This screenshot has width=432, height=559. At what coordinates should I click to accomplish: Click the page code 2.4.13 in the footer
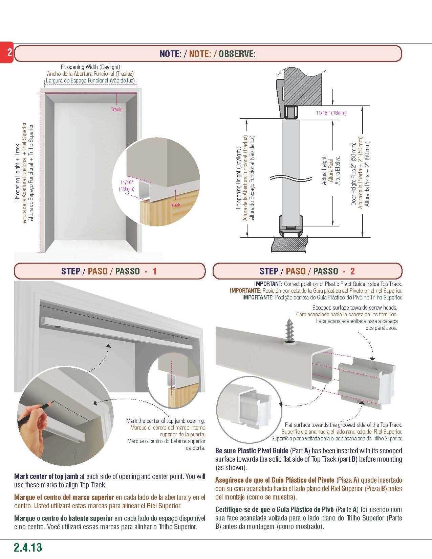tap(28, 547)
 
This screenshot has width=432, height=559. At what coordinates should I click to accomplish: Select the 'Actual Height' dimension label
tap(324, 170)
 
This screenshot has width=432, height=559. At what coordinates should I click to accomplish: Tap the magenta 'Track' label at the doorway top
tap(116, 110)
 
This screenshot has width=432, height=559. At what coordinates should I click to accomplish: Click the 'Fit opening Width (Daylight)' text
tap(90, 67)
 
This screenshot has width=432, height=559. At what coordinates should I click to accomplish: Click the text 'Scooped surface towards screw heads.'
tap(354, 308)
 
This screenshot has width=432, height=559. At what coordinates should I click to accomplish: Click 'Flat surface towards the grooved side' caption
tap(343, 425)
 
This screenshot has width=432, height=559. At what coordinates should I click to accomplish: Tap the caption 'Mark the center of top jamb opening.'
tap(166, 421)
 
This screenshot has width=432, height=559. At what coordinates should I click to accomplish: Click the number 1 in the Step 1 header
tap(154, 271)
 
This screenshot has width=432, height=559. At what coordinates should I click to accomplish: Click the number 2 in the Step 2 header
tap(352, 271)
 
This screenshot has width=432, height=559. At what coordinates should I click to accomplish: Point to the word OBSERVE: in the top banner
tap(237, 54)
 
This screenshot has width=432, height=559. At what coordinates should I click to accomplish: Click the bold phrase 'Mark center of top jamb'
tap(46, 477)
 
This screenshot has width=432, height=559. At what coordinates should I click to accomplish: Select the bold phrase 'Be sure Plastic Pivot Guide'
tap(252, 451)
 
